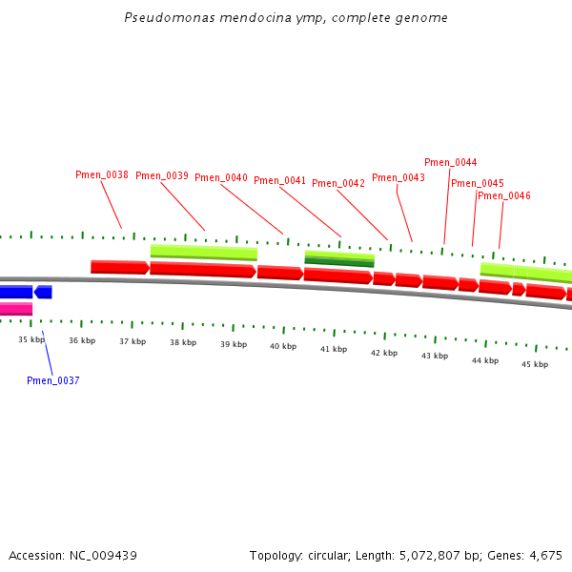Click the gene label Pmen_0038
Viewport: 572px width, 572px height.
pos(102,175)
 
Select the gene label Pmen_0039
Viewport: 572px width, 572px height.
pos(162,175)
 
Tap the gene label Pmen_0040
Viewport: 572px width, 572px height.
pos(221,178)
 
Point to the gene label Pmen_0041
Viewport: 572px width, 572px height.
pos(280,181)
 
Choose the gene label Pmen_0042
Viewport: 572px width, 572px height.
pos(338,184)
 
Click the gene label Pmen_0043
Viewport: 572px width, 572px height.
pos(398,178)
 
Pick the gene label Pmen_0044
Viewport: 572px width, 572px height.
pos(451,163)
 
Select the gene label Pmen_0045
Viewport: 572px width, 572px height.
pos(478,184)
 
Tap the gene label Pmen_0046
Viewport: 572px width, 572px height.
pos(504,196)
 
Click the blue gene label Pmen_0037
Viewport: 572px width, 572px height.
pos(53,381)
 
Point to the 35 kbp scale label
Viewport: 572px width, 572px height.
pos(31,339)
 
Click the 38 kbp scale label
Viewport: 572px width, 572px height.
pos(183,342)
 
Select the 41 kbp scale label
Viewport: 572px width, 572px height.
pos(334,350)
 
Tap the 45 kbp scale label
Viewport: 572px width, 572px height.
pos(535,364)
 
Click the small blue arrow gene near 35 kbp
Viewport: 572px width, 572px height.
pos(43,292)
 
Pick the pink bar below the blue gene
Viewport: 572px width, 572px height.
pos(15,309)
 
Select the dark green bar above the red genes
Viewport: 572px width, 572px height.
pos(339,262)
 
